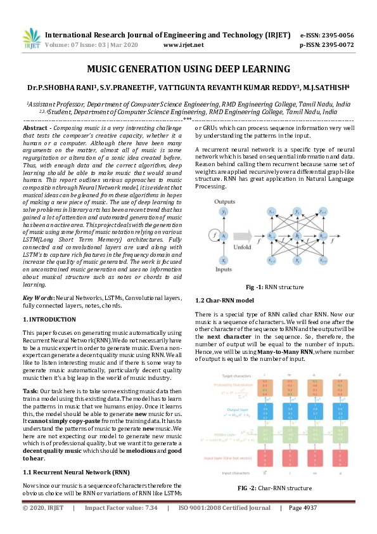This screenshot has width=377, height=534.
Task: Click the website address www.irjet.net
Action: (x=183, y=45)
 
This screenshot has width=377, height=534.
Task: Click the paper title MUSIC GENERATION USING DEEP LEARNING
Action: (x=188, y=68)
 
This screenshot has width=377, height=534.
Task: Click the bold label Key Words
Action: (x=37, y=297)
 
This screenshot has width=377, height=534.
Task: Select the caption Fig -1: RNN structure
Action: (x=274, y=287)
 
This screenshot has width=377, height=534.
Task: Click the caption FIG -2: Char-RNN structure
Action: (x=274, y=488)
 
